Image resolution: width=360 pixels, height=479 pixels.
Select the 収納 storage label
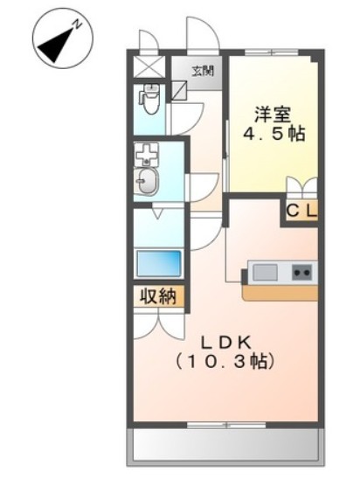(159, 297)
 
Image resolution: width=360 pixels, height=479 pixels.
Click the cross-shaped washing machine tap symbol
(146, 154)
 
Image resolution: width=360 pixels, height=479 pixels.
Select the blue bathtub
(159, 263)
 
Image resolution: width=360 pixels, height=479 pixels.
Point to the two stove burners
(301, 273)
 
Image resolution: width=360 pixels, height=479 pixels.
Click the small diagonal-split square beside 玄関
(179, 88)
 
